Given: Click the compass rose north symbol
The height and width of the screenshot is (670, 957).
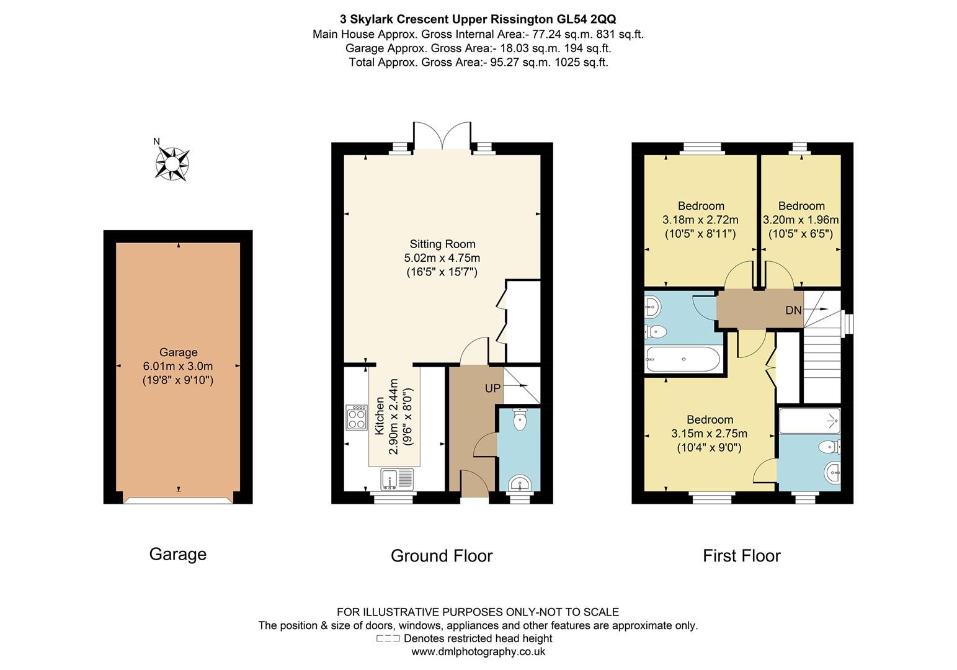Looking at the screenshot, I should tap(172, 163).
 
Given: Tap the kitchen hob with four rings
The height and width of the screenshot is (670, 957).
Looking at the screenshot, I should tap(357, 418).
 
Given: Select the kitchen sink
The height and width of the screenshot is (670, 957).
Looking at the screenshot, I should tap(398, 479).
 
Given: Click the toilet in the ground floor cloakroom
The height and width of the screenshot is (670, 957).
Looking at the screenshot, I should tap(520, 421).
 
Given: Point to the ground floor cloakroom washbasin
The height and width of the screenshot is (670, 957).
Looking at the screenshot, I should tap(519, 483).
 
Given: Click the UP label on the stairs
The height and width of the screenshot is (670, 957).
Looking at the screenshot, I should tap(492, 388).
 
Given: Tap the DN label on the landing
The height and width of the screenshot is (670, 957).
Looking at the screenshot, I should tap(793, 310).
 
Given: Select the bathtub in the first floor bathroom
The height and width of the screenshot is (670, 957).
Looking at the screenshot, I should tap(683, 359).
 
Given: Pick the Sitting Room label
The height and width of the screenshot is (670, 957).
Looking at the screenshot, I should tap(442, 244).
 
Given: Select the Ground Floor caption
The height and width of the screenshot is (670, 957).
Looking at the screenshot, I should tap(442, 556).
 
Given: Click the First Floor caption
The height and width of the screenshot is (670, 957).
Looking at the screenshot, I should tap(741, 556).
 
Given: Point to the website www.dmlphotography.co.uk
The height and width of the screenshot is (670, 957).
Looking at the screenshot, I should tap(478, 651).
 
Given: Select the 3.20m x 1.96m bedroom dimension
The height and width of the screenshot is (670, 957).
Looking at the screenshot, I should tap(801, 220).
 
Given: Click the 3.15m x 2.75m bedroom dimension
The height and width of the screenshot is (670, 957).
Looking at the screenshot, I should tap(709, 434).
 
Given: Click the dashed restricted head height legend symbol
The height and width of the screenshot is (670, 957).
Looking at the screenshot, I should tap(388, 638).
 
